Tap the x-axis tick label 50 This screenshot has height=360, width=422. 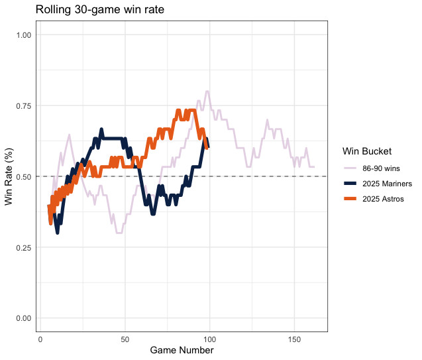125,339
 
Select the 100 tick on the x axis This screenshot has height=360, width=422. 209,339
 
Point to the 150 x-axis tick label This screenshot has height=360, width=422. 294,339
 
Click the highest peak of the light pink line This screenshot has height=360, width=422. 207,91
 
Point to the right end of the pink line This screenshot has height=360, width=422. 314,166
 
